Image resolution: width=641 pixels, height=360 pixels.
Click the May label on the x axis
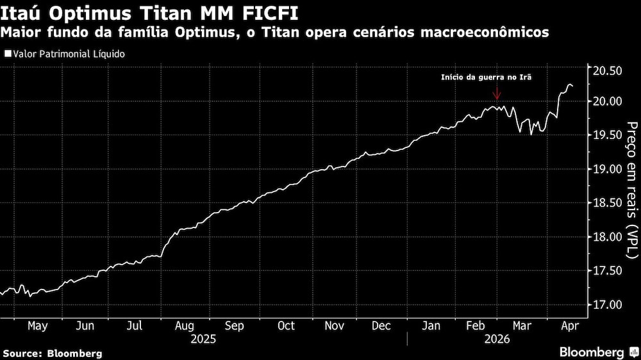(x=38, y=326)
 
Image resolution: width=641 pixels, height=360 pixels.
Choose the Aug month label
(x=185, y=326)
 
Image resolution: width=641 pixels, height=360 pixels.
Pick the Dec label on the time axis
(x=382, y=326)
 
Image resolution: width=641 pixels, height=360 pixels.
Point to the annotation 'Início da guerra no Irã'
(x=487, y=78)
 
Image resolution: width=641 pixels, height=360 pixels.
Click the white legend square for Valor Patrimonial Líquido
(x=7, y=54)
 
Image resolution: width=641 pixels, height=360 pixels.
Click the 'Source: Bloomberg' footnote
(x=53, y=353)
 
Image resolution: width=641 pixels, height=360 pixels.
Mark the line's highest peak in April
(x=569, y=84)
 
